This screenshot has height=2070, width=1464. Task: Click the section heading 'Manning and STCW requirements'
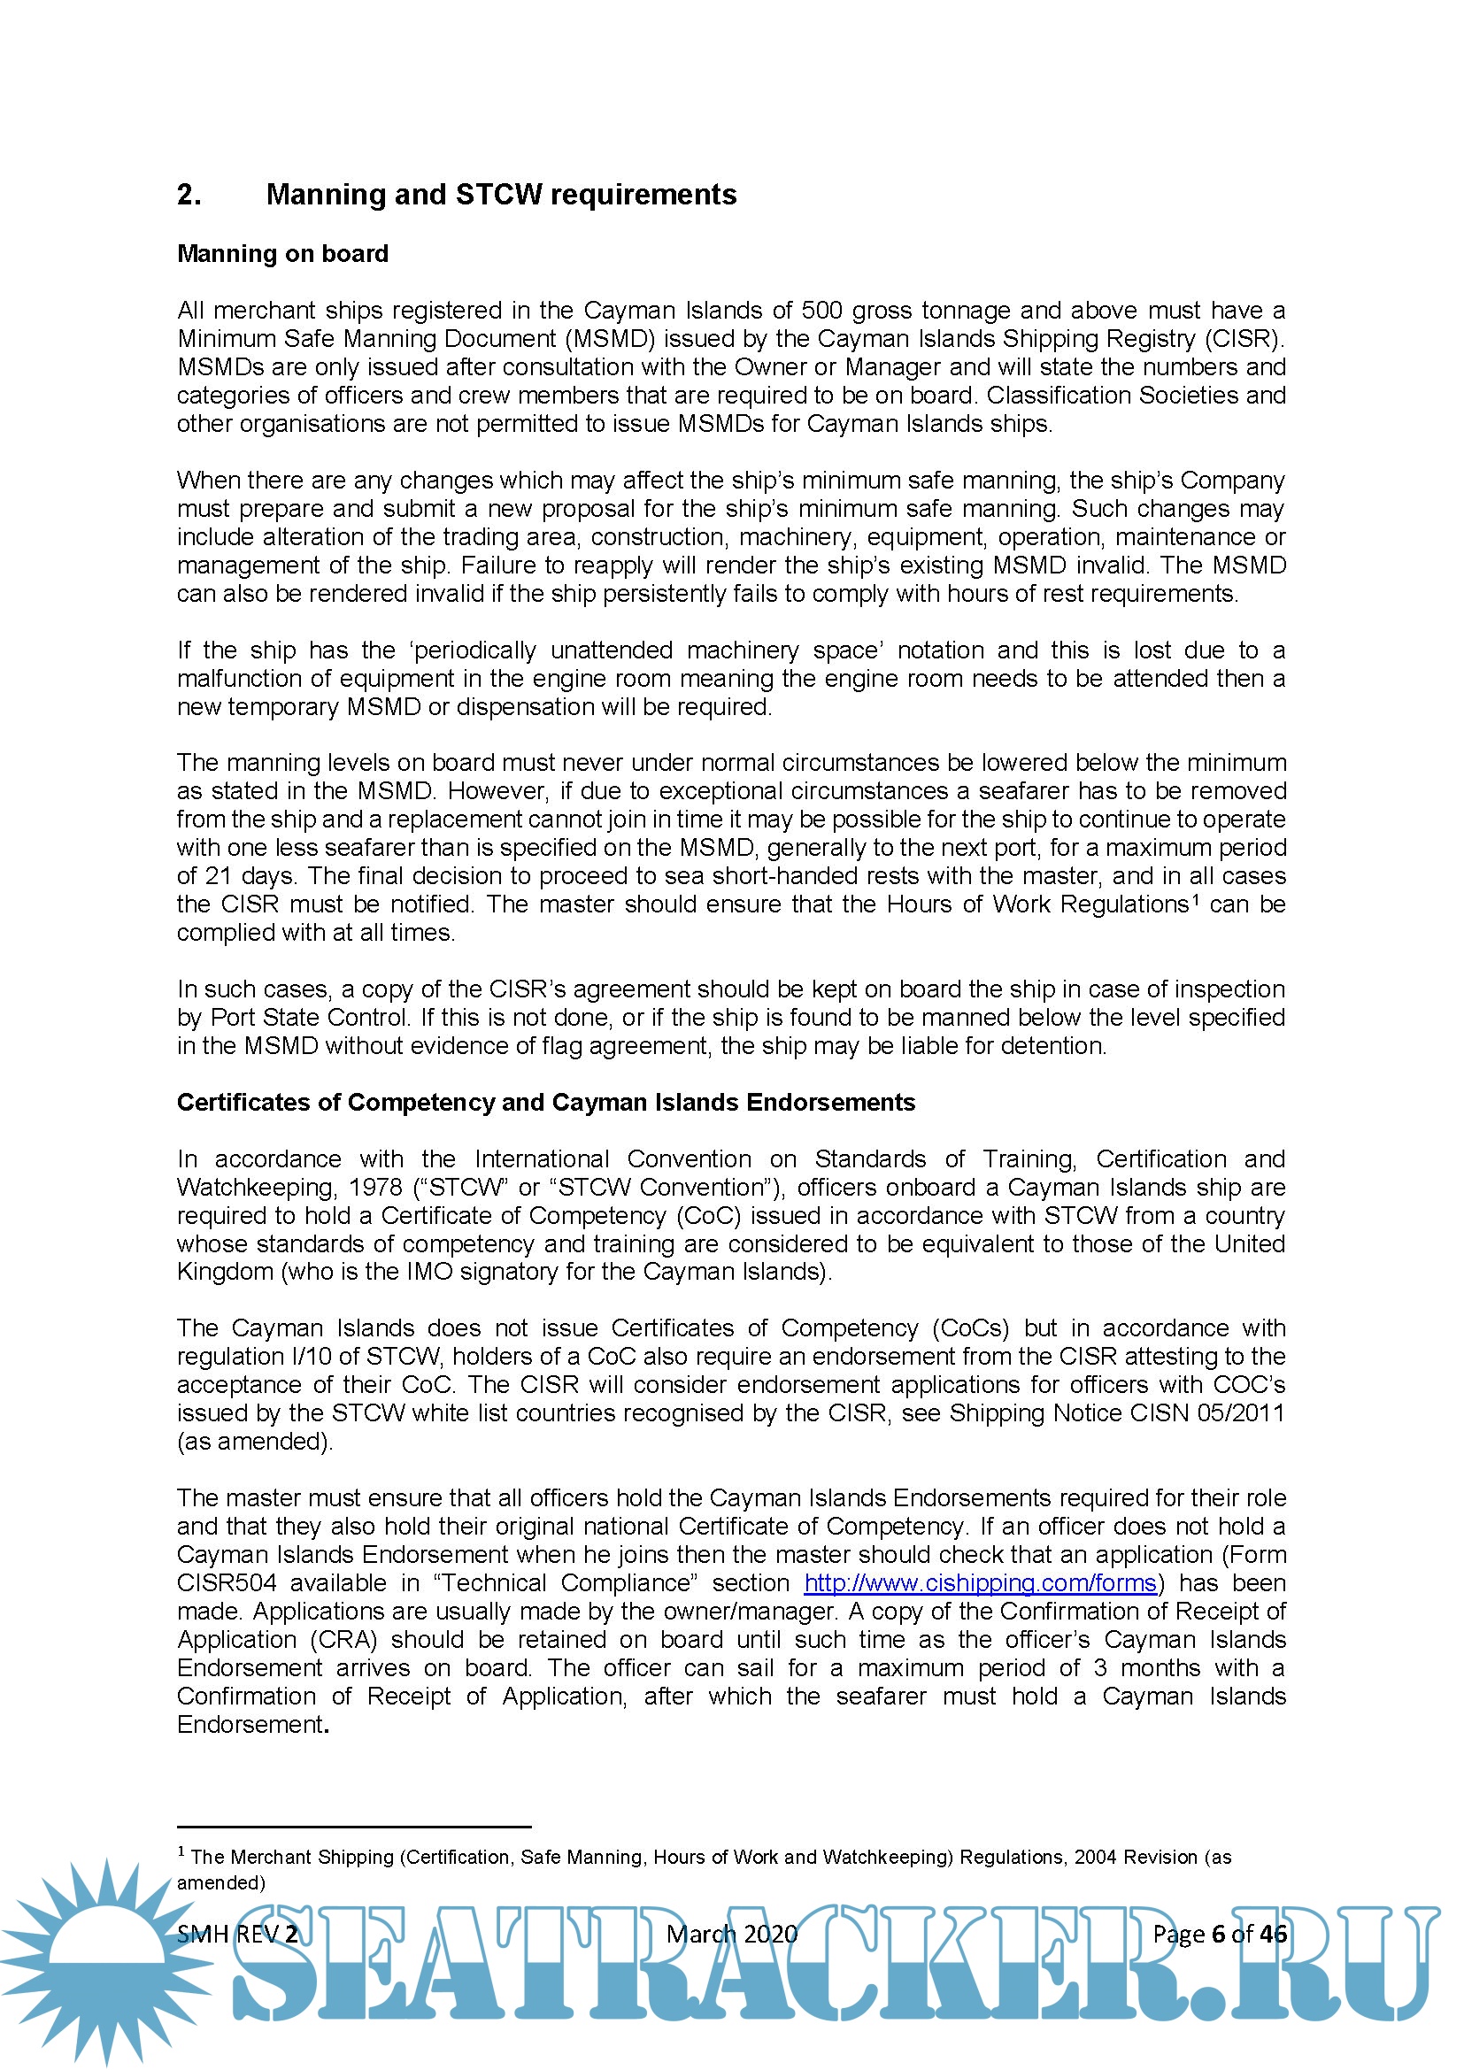501,195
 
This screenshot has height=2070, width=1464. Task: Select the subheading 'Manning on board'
282,254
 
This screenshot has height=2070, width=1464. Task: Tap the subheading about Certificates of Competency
545,1103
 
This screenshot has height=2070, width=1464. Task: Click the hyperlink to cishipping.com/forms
980,1583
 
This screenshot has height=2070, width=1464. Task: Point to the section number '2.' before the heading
189,195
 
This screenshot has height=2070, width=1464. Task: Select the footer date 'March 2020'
731,1934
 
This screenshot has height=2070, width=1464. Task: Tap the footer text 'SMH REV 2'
237,1934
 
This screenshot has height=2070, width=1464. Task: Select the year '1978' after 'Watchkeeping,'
375,1188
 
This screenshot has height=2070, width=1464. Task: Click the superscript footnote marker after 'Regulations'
1194,899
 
